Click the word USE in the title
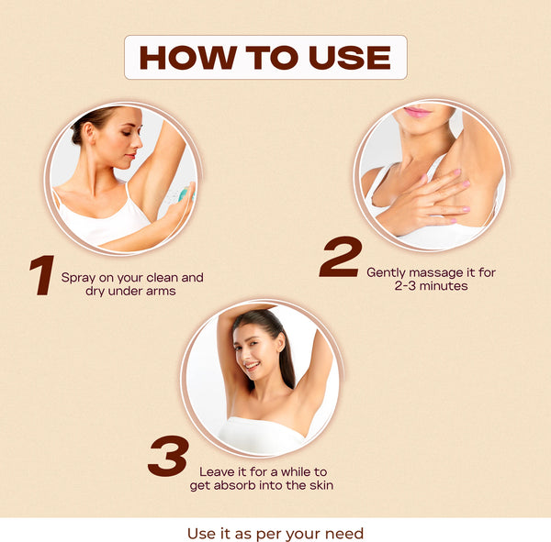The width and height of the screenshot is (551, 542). click(x=350, y=58)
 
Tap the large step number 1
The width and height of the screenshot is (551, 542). click(x=42, y=275)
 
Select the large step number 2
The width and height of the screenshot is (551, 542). click(x=341, y=257)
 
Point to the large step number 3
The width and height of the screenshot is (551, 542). click(x=168, y=456)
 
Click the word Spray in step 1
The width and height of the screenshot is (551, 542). click(x=78, y=278)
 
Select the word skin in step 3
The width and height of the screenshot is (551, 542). click(x=321, y=485)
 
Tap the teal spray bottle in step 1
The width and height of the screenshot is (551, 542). click(x=186, y=194)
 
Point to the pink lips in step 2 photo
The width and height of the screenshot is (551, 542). click(x=418, y=112)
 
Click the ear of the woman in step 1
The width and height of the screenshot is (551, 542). click(x=90, y=132)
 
